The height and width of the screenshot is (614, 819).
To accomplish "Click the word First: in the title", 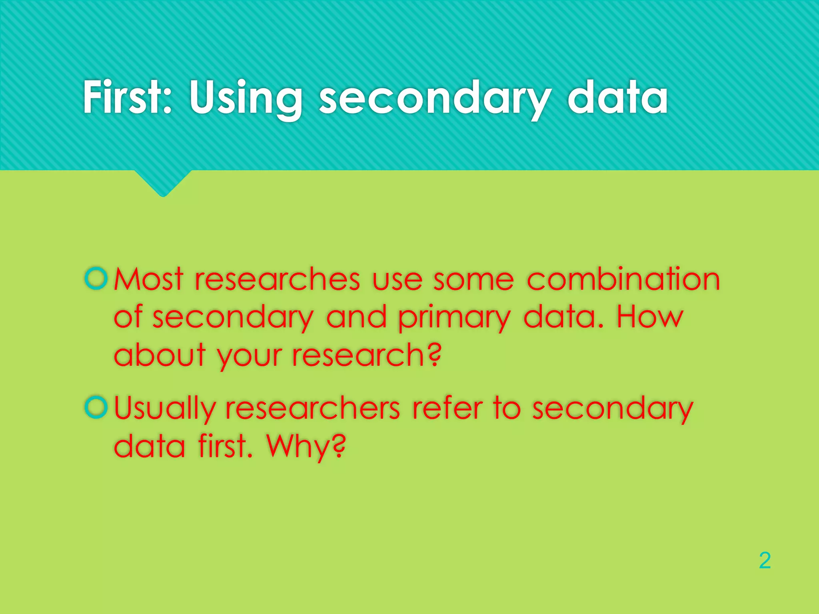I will (127, 97).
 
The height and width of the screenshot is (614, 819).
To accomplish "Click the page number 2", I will (765, 560).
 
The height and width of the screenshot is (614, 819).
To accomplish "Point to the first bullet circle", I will (96, 278).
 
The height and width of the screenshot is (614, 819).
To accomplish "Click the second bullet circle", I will (96, 407).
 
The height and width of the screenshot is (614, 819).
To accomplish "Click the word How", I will (649, 317).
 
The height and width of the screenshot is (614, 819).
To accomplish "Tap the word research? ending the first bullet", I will (367, 355).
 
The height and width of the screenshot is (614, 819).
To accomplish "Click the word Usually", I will (165, 409).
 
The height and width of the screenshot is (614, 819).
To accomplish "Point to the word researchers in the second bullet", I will (313, 408).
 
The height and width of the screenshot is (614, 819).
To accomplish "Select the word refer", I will (447, 408).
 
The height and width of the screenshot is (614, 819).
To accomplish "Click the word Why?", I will (306, 447).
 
